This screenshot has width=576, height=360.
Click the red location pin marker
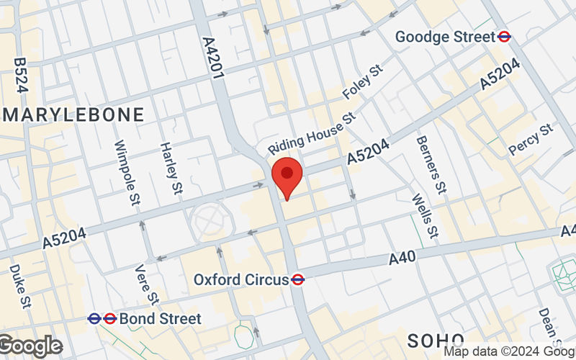point(287,176)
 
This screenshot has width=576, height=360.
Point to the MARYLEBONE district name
point(74,114)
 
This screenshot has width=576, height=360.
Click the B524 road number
point(20,76)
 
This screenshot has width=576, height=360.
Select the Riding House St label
point(312,132)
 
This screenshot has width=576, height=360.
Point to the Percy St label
point(530,139)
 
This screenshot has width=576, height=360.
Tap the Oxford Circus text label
point(240,279)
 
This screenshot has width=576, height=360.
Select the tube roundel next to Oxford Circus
point(297,279)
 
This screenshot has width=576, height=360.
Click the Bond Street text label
point(161,318)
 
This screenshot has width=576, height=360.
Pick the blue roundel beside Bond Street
point(94,318)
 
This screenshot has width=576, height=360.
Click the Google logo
point(30,346)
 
